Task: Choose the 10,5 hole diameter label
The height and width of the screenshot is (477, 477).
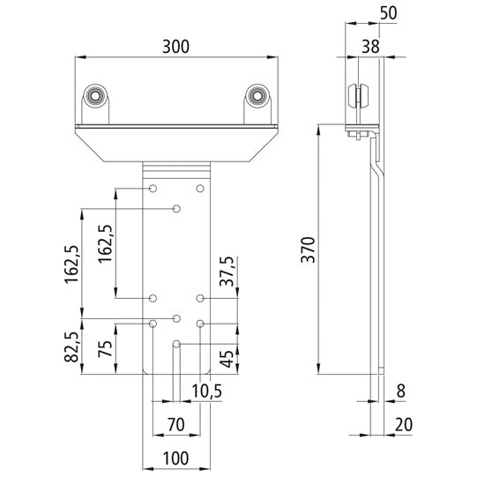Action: click(206, 391)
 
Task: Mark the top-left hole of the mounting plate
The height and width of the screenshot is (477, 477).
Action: click(153, 189)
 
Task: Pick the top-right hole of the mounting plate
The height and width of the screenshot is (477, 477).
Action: click(200, 189)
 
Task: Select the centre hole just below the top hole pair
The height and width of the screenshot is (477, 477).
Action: click(177, 208)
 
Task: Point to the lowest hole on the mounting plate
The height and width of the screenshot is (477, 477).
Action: click(177, 342)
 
